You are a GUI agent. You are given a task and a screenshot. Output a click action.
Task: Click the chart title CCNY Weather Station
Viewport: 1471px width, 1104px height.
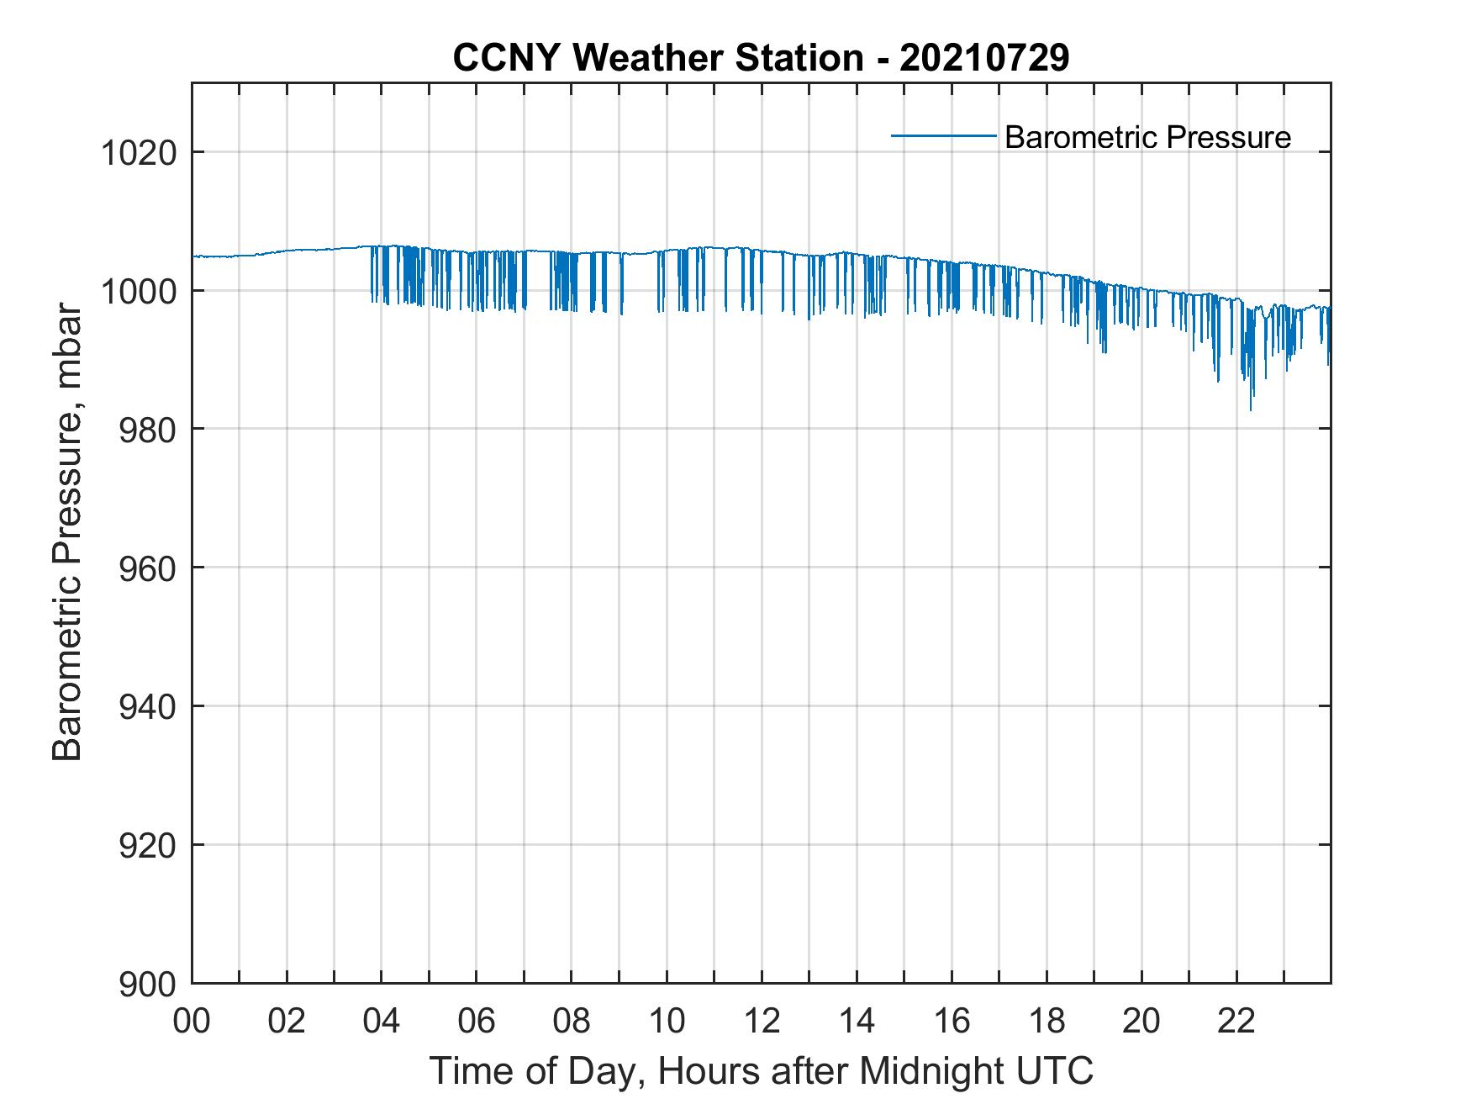pos(761,58)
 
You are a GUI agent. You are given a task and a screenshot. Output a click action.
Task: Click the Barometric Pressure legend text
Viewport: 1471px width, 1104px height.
pos(1147,137)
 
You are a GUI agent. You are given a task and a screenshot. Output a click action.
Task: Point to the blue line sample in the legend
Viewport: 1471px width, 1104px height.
pos(943,135)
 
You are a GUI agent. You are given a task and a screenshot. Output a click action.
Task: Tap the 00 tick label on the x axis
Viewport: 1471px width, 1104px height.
pos(192,1022)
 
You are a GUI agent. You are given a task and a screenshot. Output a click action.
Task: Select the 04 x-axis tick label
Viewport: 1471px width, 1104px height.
pos(382,1022)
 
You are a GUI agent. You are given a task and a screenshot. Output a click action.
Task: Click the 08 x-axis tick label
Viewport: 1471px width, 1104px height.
pos(572,1022)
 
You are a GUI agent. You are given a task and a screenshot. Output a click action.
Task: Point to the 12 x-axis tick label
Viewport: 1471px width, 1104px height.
pos(762,1022)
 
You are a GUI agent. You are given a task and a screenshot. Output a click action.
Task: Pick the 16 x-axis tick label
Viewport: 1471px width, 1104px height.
pos(952,1022)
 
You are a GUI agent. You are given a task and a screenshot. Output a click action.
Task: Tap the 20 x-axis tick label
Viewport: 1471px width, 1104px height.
pos(1141,1022)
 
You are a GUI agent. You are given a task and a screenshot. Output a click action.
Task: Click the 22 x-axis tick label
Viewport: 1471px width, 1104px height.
pos(1236,1022)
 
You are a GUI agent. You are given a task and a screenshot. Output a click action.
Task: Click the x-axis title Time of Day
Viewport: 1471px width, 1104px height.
pos(761,1072)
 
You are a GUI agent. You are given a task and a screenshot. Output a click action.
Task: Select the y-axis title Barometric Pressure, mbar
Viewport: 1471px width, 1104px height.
pos(67,532)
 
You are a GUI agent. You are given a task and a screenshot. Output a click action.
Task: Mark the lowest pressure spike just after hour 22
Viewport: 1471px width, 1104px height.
pos(1251,409)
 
